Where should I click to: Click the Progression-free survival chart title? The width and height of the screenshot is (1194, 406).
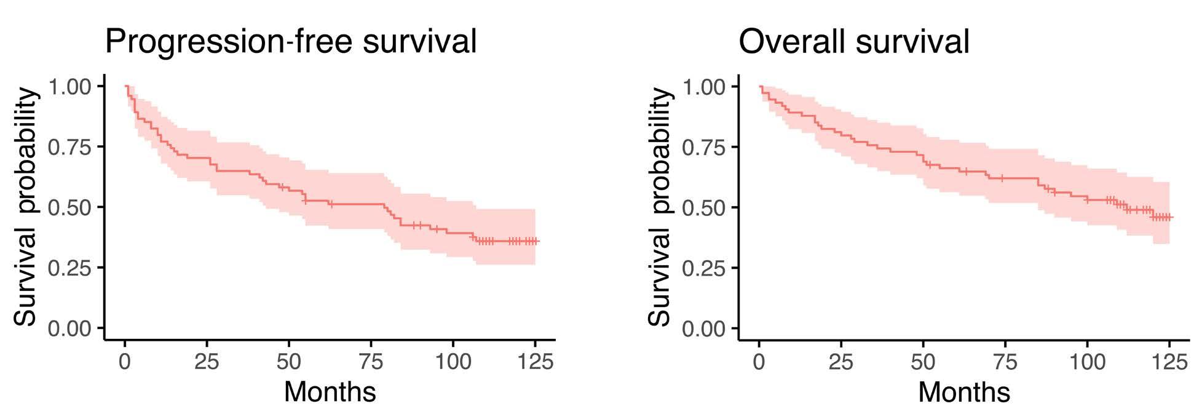[291, 41]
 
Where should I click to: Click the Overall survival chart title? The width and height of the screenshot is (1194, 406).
[854, 41]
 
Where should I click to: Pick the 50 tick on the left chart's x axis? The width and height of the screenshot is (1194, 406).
[289, 362]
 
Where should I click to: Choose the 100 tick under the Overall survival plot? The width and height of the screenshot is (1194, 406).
[1087, 362]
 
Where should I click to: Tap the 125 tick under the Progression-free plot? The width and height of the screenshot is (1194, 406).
[534, 362]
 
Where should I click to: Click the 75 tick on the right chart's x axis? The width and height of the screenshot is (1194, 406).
[1005, 362]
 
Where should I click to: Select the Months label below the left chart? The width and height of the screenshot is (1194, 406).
[330, 391]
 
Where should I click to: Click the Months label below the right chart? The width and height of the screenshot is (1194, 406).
[964, 391]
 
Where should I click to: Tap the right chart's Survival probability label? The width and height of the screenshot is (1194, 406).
[660, 206]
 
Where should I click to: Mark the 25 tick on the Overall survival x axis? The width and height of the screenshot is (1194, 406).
[840, 362]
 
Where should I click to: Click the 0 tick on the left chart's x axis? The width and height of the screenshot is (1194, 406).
[125, 362]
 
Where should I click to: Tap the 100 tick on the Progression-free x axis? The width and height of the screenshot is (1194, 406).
[453, 362]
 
